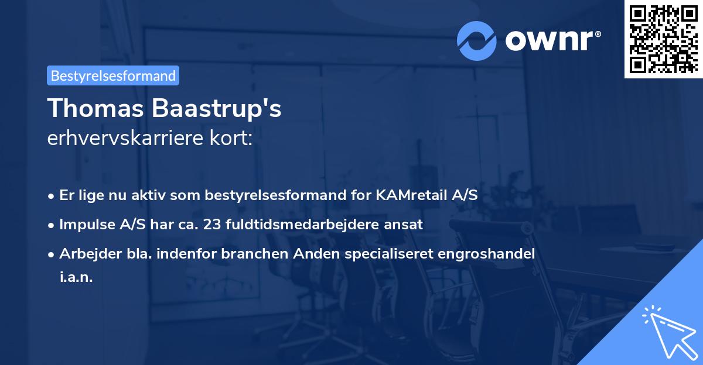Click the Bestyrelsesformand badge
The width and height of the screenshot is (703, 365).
pyautogui.click(x=113, y=75)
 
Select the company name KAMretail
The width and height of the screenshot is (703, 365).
pyautogui.click(x=416, y=195)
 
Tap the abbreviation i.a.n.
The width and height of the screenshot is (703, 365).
pyautogui.click(x=76, y=277)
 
